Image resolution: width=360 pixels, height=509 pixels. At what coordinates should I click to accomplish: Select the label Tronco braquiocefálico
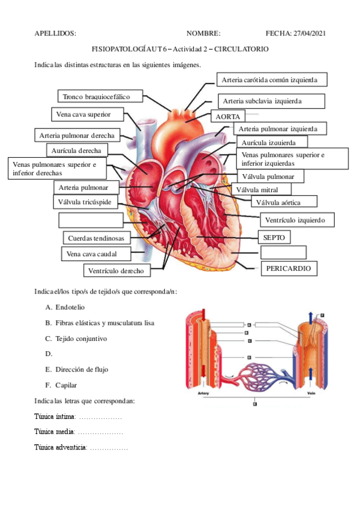coord(101,96)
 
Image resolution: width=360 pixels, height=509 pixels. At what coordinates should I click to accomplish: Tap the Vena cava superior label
coord(88,114)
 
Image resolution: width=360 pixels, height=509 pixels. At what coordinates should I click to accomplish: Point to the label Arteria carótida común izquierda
coord(273,79)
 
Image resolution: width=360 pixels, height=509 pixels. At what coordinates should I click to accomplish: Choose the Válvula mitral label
coord(257,190)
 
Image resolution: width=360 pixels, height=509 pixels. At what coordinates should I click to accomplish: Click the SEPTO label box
coord(274,237)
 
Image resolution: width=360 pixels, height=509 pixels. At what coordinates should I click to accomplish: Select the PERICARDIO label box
coord(289,268)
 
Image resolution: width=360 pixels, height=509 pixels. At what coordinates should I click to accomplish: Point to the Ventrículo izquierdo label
coord(296,220)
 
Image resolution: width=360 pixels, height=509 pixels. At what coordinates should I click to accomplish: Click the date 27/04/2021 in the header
coord(310,34)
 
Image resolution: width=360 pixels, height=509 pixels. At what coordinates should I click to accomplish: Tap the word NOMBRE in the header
coord(203,34)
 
